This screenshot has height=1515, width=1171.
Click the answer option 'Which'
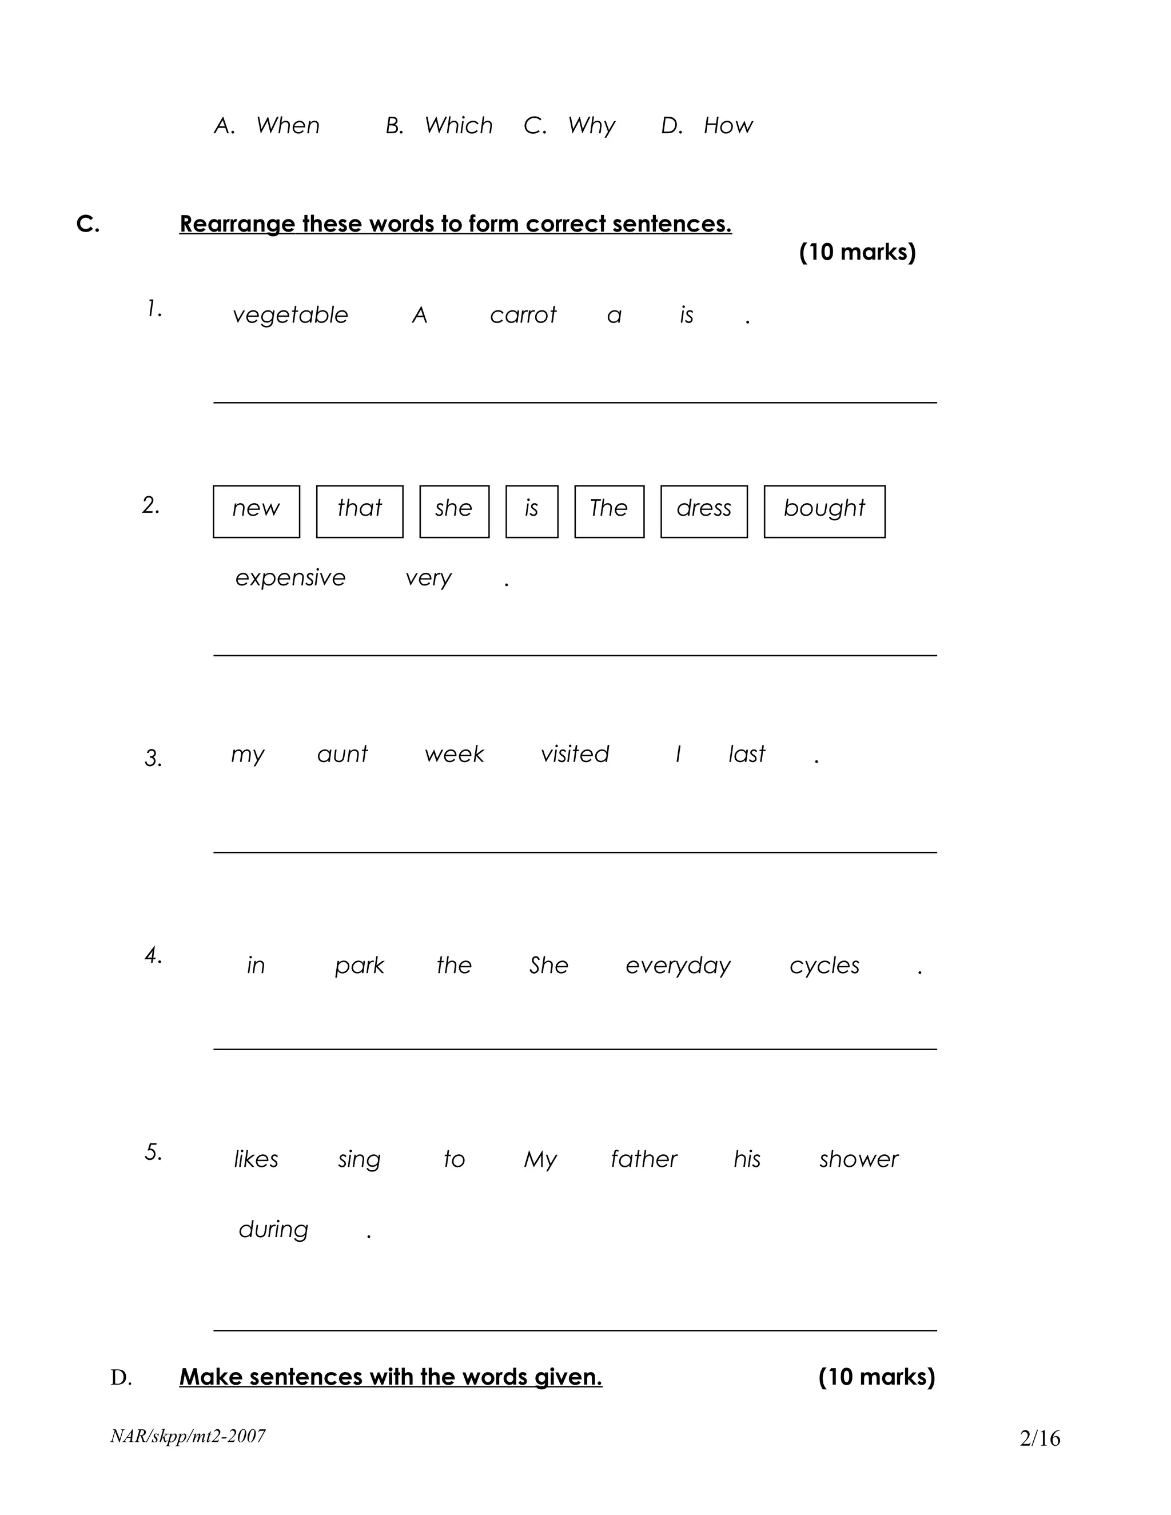(459, 126)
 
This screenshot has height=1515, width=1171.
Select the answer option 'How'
(728, 126)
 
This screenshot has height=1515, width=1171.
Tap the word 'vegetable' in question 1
(290, 316)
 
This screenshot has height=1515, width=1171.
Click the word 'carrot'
(523, 316)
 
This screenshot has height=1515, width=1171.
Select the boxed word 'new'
(256, 508)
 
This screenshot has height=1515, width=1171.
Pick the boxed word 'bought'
(824, 508)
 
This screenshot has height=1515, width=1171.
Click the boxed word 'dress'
(703, 508)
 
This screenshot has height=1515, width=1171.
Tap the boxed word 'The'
(608, 508)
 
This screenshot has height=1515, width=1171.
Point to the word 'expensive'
(290, 578)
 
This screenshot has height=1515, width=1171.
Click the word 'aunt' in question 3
(342, 754)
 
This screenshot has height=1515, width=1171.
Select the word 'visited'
(575, 754)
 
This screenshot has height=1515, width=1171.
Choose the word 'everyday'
(678, 966)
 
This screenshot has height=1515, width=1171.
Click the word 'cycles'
(824, 966)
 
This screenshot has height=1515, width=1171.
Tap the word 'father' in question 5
(643, 1159)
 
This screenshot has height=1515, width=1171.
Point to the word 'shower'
(858, 1159)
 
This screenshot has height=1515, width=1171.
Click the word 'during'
(273, 1229)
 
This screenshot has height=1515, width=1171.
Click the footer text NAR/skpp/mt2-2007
(188, 1436)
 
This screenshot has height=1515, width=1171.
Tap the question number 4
(153, 956)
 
